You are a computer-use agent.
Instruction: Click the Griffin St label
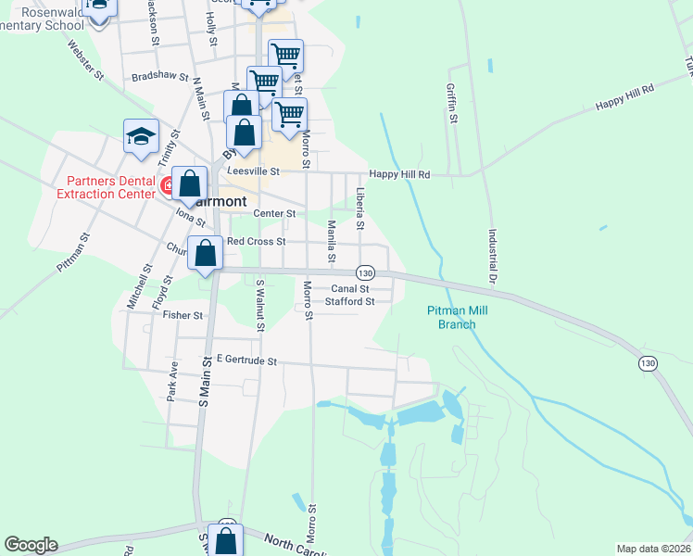click(450, 104)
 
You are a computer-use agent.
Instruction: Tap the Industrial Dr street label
click(492, 256)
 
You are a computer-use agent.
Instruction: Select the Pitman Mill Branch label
click(451, 318)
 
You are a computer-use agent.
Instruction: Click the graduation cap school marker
click(141, 136)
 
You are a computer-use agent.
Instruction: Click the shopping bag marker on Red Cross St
click(206, 252)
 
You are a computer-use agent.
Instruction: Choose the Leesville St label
click(253, 171)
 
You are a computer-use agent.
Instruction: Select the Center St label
click(274, 213)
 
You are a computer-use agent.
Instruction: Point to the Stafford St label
click(349, 301)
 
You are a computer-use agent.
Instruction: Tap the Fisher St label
click(183, 315)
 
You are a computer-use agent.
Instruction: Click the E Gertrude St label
click(246, 360)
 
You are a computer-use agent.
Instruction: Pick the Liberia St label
click(360, 208)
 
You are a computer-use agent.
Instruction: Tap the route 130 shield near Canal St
click(366, 272)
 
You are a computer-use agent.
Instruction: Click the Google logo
click(31, 545)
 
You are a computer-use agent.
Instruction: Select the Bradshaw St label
click(160, 78)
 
